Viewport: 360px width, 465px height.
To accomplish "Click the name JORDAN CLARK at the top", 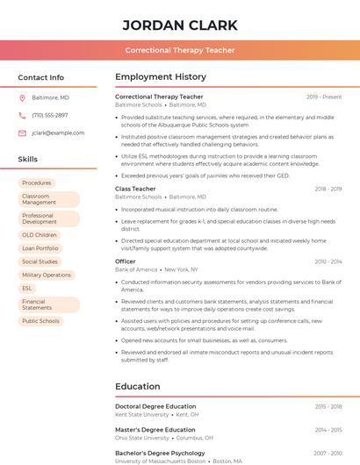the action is (180, 25).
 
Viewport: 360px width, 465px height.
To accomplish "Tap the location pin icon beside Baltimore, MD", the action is (22, 97).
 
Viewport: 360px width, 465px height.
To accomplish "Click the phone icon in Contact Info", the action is (22, 115).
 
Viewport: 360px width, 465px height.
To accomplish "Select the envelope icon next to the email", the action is (22, 132).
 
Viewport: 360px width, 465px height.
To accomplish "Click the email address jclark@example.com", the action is (58, 132).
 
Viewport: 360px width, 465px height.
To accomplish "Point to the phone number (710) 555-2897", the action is (49, 115).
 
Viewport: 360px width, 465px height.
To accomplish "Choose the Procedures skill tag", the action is (37, 182).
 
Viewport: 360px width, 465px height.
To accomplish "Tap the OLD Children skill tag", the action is (40, 235).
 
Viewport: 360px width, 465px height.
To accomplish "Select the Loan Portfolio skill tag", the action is (40, 248).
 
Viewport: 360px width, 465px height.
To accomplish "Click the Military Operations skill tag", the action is (47, 275).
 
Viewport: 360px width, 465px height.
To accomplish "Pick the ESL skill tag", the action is (27, 288).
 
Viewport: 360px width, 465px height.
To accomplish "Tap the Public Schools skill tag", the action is (40, 321).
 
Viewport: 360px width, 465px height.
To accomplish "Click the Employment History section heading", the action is (161, 77).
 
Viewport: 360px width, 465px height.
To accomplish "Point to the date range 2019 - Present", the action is (324, 97).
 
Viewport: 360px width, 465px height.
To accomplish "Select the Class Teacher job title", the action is (135, 189).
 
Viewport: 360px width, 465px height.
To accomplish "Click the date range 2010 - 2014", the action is (328, 261).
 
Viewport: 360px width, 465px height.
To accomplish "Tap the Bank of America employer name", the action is (136, 269).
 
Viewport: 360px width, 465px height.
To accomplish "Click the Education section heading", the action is (138, 386).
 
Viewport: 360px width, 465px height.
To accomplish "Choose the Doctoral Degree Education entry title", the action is (155, 406).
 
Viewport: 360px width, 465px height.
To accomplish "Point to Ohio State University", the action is (142, 438).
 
